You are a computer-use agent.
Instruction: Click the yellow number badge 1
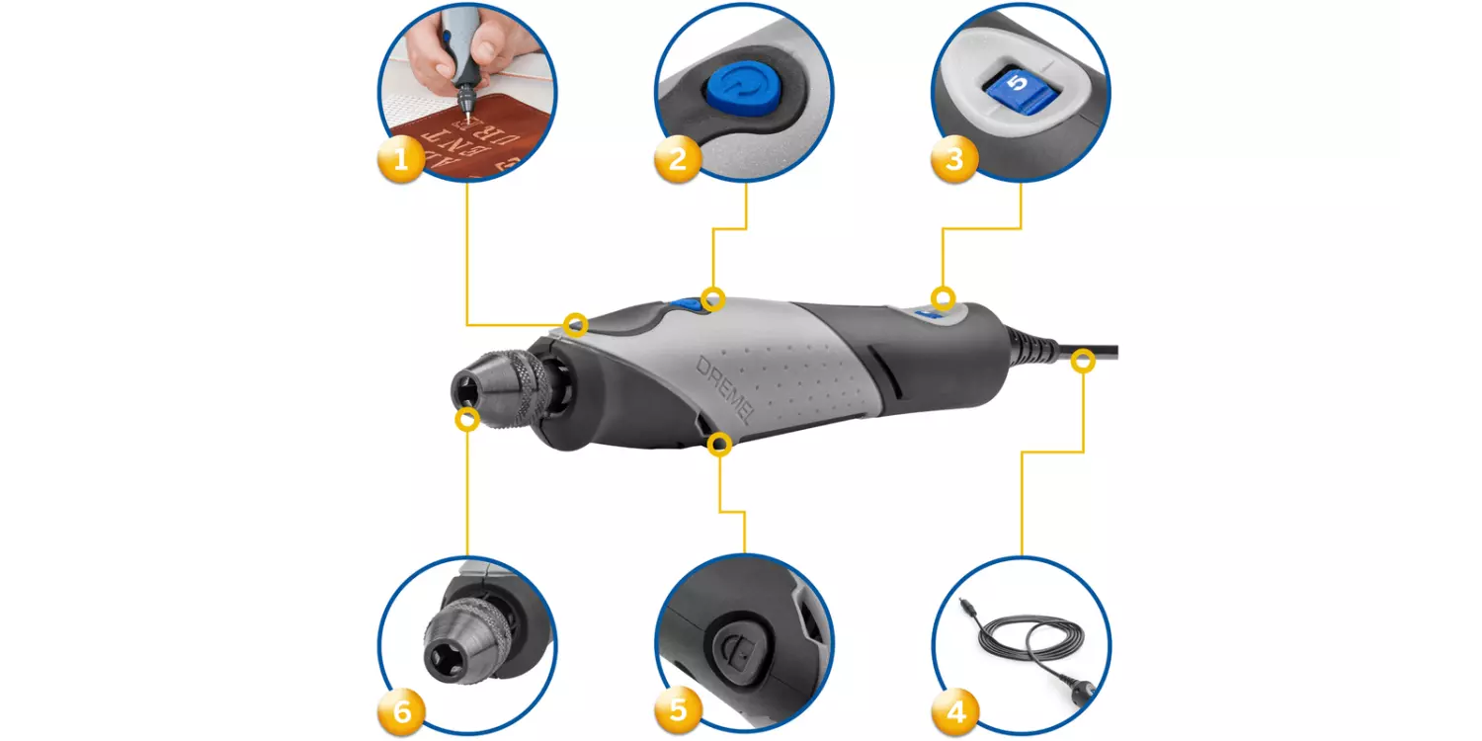point(401,159)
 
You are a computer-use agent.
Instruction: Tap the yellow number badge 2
point(678,159)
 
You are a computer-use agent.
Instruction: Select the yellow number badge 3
point(954,159)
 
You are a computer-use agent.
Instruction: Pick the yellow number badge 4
point(954,711)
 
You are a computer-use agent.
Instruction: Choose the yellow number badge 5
point(678,711)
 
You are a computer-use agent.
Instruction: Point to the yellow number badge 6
point(401,711)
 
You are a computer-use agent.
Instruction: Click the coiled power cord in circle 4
point(1023,647)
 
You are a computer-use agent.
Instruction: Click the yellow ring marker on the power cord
point(1084,362)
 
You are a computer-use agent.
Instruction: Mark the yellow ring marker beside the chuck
point(466,419)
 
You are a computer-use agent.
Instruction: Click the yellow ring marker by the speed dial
point(944,296)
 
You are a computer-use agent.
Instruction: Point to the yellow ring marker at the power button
point(712,297)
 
